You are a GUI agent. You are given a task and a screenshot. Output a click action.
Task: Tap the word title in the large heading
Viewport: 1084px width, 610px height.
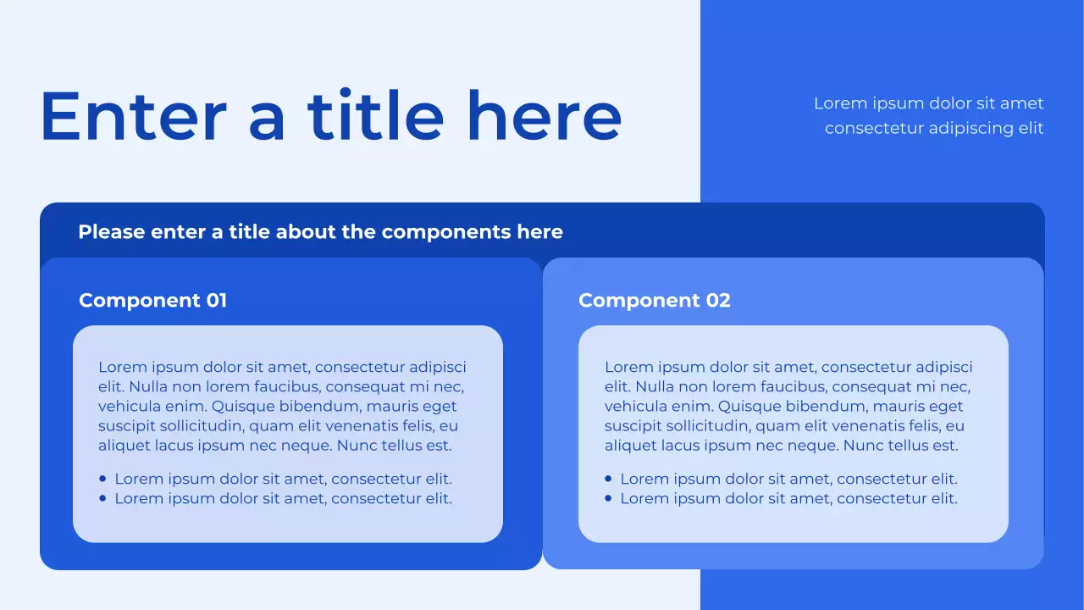375,117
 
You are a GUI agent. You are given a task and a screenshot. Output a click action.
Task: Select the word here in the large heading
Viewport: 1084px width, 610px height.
544,117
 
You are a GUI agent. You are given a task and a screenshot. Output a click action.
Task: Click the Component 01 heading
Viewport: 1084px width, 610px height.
152,301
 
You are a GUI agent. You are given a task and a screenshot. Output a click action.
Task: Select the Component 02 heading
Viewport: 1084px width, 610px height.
654,301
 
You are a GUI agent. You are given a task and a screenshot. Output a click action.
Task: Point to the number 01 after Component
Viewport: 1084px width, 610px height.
216,301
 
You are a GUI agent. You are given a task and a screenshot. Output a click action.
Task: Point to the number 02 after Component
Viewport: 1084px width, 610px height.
717,301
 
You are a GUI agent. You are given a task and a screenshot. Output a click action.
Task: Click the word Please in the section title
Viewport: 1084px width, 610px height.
112,232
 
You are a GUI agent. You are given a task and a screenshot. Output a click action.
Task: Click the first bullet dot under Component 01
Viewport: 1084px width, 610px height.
103,479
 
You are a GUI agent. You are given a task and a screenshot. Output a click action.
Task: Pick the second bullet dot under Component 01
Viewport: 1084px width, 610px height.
103,498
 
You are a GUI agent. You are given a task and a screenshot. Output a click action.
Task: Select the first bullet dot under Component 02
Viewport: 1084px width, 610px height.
609,479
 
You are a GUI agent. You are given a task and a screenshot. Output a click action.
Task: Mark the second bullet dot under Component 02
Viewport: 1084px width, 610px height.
609,498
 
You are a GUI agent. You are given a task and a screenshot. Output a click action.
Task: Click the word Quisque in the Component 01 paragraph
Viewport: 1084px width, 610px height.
243,407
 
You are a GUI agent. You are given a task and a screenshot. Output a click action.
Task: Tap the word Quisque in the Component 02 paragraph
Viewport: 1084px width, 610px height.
749,407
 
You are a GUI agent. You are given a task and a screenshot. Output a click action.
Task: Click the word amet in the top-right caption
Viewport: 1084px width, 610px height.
1022,103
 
